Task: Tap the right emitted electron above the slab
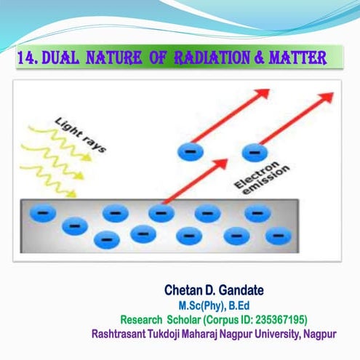tap(254, 152)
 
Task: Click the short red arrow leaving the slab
tap(190, 181)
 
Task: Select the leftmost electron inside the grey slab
tap(43, 212)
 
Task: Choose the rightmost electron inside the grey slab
tap(275, 236)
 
